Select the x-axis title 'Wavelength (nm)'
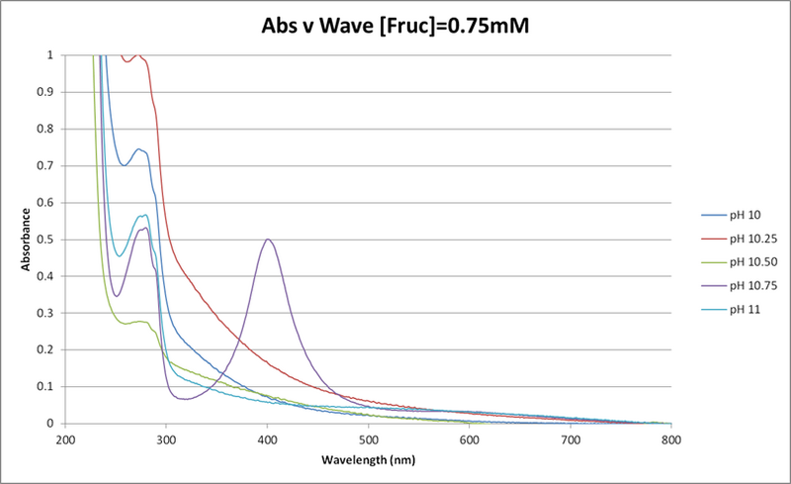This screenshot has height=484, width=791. [369, 460]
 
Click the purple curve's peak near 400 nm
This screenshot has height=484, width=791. [268, 240]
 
